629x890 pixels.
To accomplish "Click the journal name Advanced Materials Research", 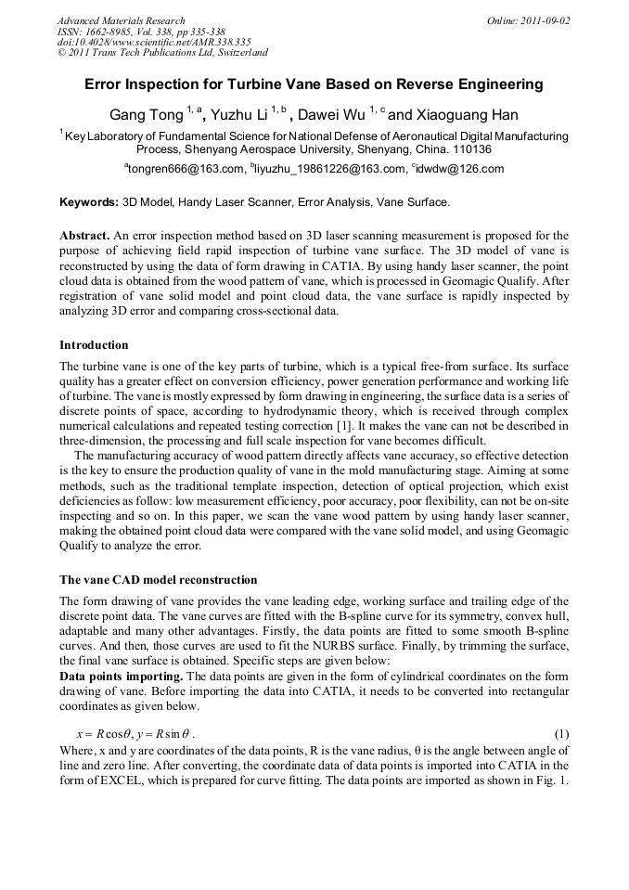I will click(x=121, y=20).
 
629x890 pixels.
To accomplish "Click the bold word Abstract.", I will click(x=84, y=236).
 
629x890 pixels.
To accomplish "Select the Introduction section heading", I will click(x=94, y=345).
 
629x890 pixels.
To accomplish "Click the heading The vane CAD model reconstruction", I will click(x=158, y=580).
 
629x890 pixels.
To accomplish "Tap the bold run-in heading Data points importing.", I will click(x=121, y=676).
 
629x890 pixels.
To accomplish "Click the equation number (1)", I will click(x=560, y=732).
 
